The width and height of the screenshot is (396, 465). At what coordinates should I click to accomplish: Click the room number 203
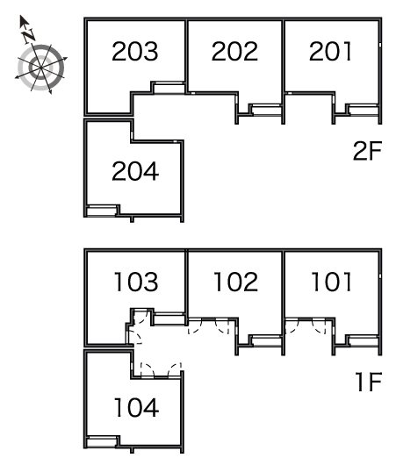pyautogui.click(x=134, y=51)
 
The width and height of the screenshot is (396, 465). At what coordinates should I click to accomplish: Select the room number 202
pyautogui.click(x=234, y=51)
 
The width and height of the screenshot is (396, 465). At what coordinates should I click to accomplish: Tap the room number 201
pyautogui.click(x=330, y=51)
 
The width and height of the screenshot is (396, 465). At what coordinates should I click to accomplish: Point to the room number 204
pyautogui.click(x=135, y=171)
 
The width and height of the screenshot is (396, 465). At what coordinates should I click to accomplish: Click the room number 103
pyautogui.click(x=136, y=282)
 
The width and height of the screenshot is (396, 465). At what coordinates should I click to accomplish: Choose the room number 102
pyautogui.click(x=235, y=282)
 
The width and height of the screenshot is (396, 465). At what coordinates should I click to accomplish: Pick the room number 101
pyautogui.click(x=332, y=282)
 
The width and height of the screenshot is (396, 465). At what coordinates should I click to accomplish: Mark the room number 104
pyautogui.click(x=136, y=407)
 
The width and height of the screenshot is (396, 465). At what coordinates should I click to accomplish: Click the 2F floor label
pyautogui.click(x=367, y=151)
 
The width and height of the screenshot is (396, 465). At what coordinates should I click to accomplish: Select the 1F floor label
pyautogui.click(x=369, y=382)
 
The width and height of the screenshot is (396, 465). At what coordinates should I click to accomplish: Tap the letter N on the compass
pyautogui.click(x=29, y=36)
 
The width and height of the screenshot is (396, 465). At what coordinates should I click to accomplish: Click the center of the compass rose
pyautogui.click(x=40, y=68)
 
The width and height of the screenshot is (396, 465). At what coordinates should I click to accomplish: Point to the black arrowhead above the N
pyautogui.click(x=23, y=21)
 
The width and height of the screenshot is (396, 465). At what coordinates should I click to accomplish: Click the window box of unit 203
pyautogui.click(x=169, y=88)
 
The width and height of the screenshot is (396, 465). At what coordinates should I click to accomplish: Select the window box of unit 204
pyautogui.click(x=102, y=211)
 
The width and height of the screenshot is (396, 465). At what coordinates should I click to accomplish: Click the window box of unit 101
pyautogui.click(x=364, y=340)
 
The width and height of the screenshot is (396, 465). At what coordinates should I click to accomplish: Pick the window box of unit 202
pyautogui.click(x=266, y=110)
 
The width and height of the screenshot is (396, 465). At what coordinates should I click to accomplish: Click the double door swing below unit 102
pyautogui.click(x=209, y=325)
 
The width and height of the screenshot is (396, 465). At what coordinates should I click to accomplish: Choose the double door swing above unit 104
pyautogui.click(x=161, y=370)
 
